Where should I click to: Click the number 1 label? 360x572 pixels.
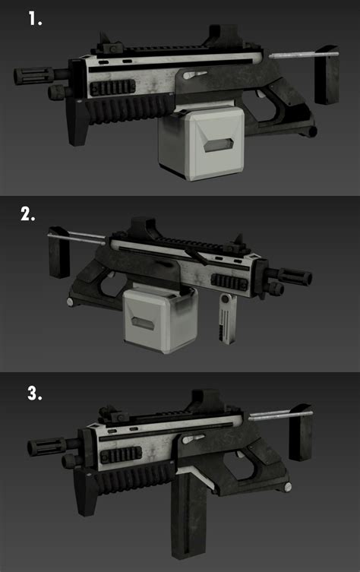click(35, 18)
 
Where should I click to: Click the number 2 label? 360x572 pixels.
click(27, 213)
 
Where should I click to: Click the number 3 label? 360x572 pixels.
click(35, 393)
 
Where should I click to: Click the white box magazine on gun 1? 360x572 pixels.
click(201, 143)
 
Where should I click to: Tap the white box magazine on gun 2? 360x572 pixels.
click(160, 320)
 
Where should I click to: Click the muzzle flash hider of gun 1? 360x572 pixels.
click(33, 75)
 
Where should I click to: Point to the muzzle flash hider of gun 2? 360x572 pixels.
click(295, 277)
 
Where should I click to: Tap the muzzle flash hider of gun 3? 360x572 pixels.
click(46, 447)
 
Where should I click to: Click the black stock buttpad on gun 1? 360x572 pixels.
click(327, 74)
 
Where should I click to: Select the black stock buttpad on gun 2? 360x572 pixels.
click(58, 251)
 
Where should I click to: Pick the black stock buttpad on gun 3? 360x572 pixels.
click(300, 432)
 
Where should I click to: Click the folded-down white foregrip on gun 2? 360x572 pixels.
click(227, 320)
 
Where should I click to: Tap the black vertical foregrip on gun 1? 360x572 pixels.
click(77, 122)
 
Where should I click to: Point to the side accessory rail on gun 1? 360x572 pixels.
click(112, 88)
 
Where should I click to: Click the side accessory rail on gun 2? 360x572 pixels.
click(229, 283)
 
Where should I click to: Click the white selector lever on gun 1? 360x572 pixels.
click(194, 74)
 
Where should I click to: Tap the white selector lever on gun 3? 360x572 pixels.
click(193, 439)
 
